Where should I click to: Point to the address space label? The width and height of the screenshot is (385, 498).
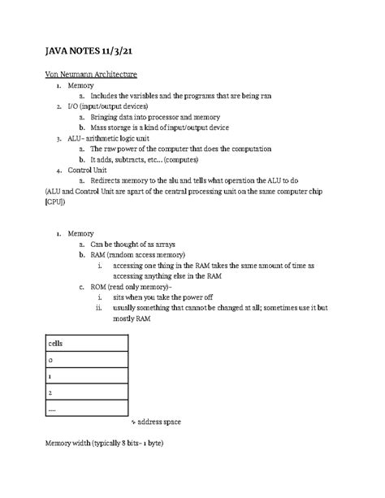click(158, 423)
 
